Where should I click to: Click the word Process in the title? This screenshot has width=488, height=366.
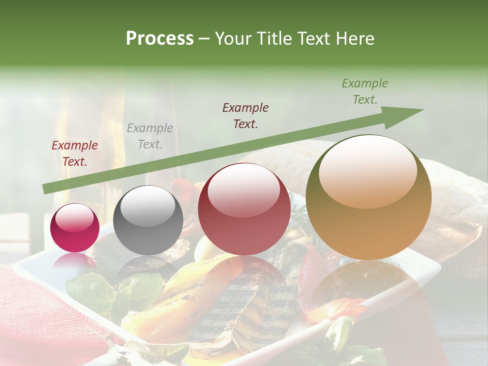[x=160, y=39]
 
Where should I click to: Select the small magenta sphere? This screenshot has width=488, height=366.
[x=75, y=228]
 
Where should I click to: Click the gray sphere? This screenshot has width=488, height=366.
[x=148, y=220]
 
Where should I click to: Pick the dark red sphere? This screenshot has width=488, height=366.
[x=244, y=209]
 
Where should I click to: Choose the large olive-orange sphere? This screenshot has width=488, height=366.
[x=369, y=197]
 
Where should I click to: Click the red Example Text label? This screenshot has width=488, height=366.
[x=75, y=154]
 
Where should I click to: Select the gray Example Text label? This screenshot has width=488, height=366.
[x=150, y=136]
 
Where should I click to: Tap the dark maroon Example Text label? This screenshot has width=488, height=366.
[x=246, y=116]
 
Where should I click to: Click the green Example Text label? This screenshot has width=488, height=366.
[x=365, y=91]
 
